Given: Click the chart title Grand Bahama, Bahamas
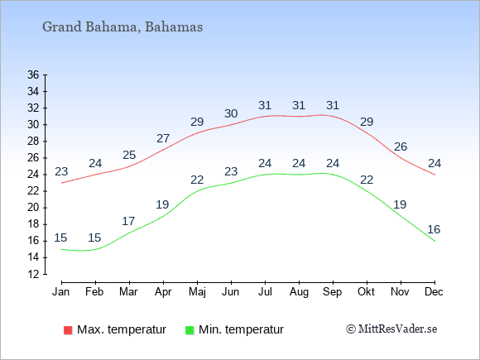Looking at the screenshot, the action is click(x=122, y=27).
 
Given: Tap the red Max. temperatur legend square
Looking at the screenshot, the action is click(x=68, y=330).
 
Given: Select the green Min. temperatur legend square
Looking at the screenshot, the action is click(x=190, y=330).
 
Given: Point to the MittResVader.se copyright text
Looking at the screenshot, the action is click(x=391, y=329).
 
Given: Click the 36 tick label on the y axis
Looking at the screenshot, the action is click(x=33, y=74).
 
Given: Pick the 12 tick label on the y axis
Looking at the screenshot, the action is click(x=33, y=274).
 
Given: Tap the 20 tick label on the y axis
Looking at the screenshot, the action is click(x=33, y=208).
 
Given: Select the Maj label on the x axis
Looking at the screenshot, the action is click(x=197, y=292).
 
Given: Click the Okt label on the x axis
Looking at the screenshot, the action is click(x=366, y=292).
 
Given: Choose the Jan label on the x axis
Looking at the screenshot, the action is click(x=61, y=292).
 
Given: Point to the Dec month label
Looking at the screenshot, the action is click(x=434, y=292).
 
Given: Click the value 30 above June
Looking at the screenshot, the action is click(x=231, y=113).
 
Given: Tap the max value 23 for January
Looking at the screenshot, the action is click(x=61, y=171).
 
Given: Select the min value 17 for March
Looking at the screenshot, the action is click(x=128, y=221).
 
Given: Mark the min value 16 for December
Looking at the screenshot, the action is click(x=434, y=229).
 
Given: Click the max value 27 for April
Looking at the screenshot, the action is click(x=163, y=138).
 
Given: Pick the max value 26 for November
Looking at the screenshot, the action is click(x=401, y=146).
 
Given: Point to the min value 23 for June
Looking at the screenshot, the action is click(x=231, y=171).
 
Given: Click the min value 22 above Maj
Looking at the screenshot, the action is click(x=197, y=180).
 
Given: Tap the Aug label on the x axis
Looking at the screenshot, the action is click(x=299, y=292).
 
